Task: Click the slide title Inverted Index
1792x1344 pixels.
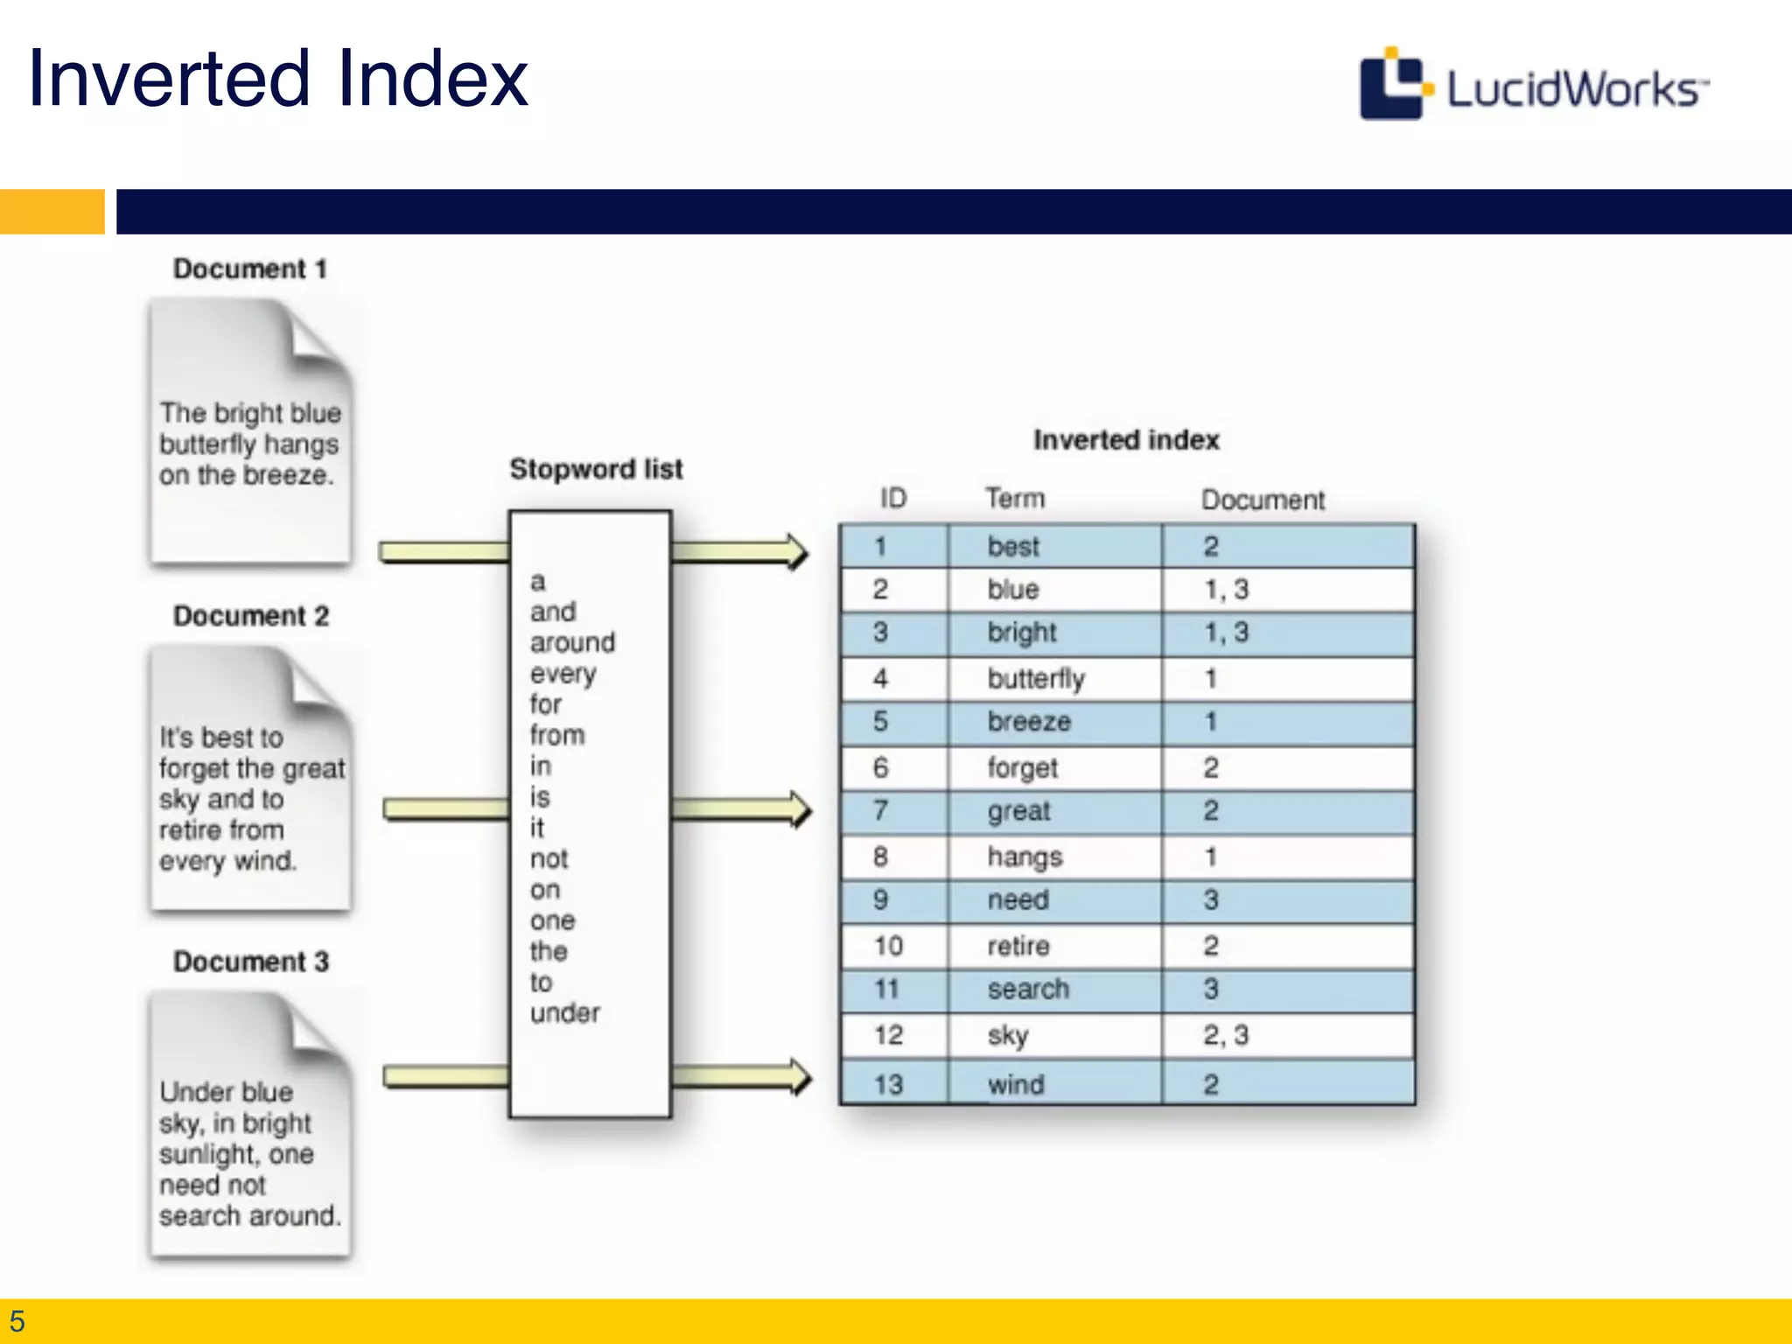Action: coord(278,79)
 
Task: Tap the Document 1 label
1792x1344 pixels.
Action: coord(250,269)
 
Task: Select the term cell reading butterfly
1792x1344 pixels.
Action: coord(1036,679)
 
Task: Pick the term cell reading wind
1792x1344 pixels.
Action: coord(1016,1085)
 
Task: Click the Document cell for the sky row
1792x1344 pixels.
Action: coord(1226,1036)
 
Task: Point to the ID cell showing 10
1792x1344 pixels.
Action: coord(888,946)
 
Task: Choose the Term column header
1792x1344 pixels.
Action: coord(1015,499)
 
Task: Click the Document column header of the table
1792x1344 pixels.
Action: coord(1263,500)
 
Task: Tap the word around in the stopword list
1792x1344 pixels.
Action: coord(572,643)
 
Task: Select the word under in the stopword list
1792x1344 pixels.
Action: coord(565,1013)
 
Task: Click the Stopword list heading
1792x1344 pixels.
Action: coord(596,469)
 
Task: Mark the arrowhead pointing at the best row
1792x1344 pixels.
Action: coord(796,552)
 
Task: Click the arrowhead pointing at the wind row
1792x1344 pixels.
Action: coord(800,1076)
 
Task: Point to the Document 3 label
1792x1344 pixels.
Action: coord(251,962)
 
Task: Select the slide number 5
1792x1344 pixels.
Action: coord(17,1321)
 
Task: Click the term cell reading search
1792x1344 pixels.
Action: coord(1028,990)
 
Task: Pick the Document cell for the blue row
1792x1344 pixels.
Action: coord(1226,590)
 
